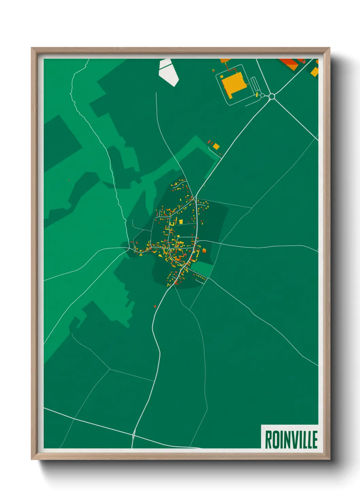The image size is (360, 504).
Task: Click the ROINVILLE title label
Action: tap(291, 440)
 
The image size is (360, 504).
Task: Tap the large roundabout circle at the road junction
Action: tap(272, 96)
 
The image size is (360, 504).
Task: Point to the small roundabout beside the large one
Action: tap(262, 95)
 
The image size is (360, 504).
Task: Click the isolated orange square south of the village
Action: tap(155, 306)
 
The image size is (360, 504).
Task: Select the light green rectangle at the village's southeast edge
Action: tap(204, 268)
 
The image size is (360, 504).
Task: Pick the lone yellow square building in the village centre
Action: tap(181, 222)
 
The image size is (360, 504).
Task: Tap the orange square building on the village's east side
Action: tap(204, 251)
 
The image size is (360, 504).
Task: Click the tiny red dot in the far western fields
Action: tap(69, 180)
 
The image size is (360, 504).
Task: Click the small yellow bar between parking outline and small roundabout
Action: tap(257, 94)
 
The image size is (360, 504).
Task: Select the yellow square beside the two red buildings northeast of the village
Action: tap(216, 146)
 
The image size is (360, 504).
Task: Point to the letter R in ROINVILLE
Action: tap(268, 440)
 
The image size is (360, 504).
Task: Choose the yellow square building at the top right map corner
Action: tap(314, 72)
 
